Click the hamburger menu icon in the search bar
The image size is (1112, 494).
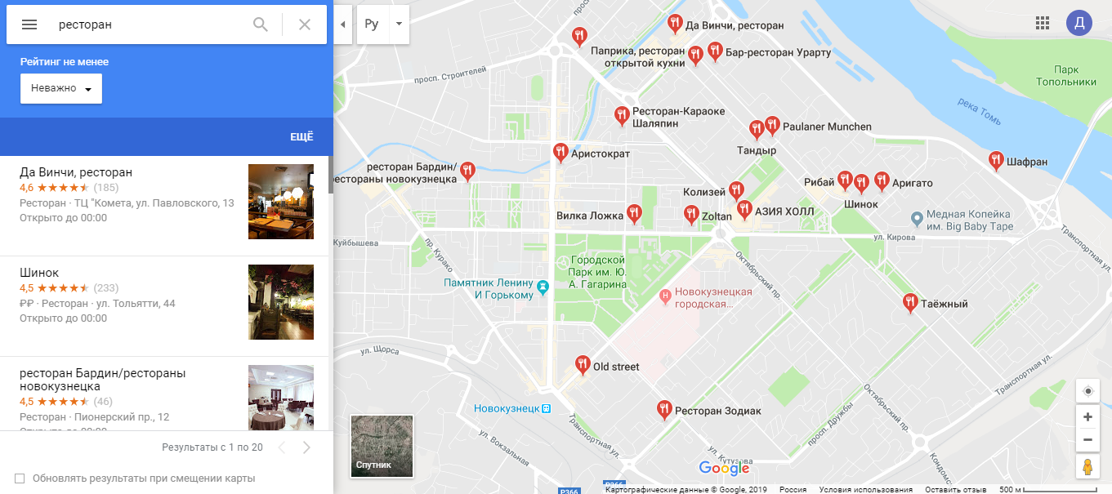click(x=29, y=24)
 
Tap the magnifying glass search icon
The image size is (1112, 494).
click(x=261, y=24)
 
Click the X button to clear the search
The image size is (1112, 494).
click(x=305, y=24)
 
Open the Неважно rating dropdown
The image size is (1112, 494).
click(x=61, y=88)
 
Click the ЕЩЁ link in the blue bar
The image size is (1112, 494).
click(x=301, y=137)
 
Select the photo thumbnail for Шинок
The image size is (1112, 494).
click(x=281, y=302)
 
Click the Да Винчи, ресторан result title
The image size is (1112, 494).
click(x=76, y=172)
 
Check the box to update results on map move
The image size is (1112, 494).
click(x=20, y=478)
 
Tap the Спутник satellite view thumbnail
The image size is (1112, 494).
click(x=382, y=446)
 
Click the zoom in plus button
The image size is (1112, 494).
click(x=1087, y=417)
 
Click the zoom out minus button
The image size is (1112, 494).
click(x=1087, y=440)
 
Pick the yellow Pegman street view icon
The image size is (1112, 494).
click(x=1087, y=467)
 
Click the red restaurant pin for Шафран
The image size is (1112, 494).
click(x=996, y=160)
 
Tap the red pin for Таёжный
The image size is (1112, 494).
click(x=909, y=302)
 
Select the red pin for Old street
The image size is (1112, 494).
click(x=583, y=364)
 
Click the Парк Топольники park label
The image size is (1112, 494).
click(x=1066, y=76)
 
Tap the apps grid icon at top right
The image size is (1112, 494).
click(x=1043, y=23)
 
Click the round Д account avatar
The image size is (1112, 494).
click(x=1079, y=23)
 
